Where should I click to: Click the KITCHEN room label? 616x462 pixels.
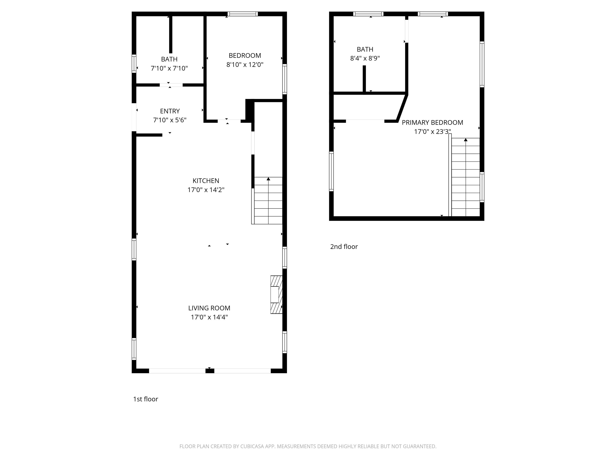(x=206, y=181)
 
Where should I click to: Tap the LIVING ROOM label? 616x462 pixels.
(x=209, y=308)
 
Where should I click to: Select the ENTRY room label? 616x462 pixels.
(x=170, y=111)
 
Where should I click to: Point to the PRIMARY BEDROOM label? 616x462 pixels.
(x=433, y=123)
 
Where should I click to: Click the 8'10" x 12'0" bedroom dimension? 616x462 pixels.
(x=245, y=65)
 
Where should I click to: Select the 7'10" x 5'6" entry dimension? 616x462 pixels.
(x=170, y=120)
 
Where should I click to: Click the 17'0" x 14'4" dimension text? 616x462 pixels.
(x=209, y=317)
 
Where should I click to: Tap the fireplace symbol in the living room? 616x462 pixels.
(x=276, y=295)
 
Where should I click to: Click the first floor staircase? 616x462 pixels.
(x=267, y=201)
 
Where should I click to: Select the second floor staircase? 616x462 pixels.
(x=464, y=177)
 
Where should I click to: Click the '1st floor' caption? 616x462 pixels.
(x=146, y=399)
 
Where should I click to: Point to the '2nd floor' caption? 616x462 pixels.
(x=344, y=246)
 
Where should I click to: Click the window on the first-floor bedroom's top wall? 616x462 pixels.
(x=243, y=14)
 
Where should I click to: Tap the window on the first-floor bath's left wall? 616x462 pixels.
(x=134, y=64)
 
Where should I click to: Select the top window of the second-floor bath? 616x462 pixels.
(x=368, y=14)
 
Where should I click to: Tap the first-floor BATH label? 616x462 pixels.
(x=169, y=59)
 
